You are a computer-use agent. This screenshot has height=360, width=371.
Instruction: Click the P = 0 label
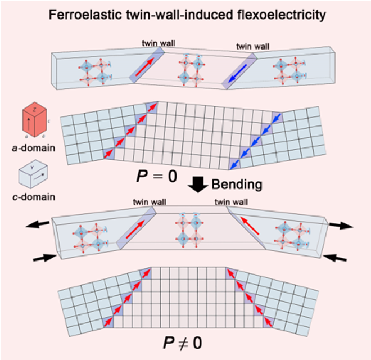tap(155, 178)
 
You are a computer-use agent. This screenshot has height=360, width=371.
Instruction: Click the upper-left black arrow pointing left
tap(35, 224)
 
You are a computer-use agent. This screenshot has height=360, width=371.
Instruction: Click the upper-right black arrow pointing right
tap(342, 226)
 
